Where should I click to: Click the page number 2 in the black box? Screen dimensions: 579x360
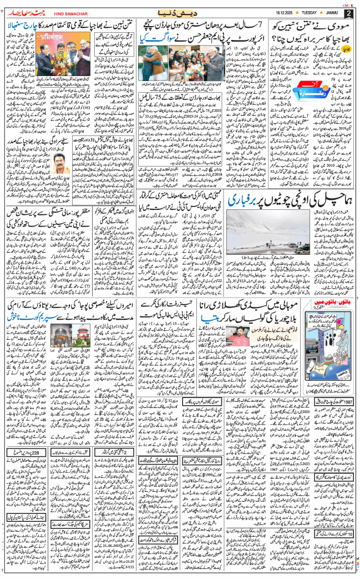[348, 13]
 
